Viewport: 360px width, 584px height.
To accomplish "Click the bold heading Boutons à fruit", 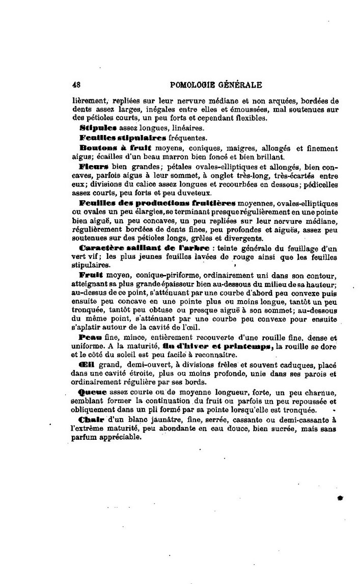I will [x=105, y=148].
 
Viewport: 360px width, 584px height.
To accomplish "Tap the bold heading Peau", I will [x=91, y=337].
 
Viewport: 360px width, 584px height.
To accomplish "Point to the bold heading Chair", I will [x=92, y=419].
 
